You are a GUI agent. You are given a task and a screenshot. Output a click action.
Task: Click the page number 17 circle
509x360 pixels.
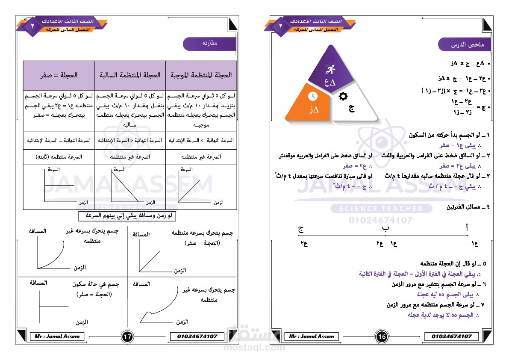tap(127, 337)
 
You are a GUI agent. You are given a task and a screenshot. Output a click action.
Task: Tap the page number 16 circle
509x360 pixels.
tap(382, 337)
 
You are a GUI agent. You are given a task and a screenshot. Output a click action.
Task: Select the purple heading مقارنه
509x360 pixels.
tap(209, 44)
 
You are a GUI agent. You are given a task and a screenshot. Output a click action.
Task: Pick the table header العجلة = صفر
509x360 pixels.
tap(59, 75)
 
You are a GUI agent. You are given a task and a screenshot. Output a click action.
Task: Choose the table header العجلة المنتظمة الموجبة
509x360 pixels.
tap(201, 75)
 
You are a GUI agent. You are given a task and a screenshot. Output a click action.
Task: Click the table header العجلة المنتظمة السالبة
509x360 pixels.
tap(130, 75)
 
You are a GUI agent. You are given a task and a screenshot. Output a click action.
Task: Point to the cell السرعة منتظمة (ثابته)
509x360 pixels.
tap(59, 157)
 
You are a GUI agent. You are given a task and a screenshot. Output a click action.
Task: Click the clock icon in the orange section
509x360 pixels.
tap(312, 96)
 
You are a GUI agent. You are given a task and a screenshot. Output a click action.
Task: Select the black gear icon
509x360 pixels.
tap(343, 96)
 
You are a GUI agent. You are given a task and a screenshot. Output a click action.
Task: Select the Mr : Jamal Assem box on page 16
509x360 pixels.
tap(311, 336)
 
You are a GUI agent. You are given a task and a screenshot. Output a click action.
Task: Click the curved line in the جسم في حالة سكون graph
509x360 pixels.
tap(54, 307)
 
